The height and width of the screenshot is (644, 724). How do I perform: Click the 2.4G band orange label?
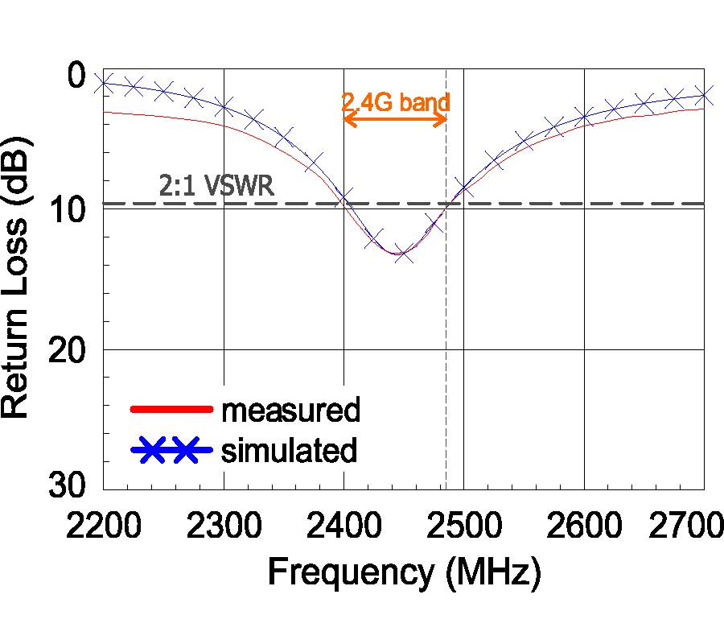pyautogui.click(x=395, y=102)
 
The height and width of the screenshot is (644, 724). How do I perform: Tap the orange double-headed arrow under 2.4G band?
pyautogui.click(x=395, y=119)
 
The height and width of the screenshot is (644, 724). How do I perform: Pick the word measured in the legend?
pyautogui.click(x=290, y=411)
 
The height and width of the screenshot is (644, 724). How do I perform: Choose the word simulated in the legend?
pyautogui.click(x=289, y=450)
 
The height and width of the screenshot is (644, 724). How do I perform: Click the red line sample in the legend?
pyautogui.click(x=171, y=408)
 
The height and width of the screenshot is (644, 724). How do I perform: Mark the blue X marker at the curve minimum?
pyautogui.click(x=404, y=254)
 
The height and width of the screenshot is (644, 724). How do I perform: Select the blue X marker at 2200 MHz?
pyautogui.click(x=103, y=84)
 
